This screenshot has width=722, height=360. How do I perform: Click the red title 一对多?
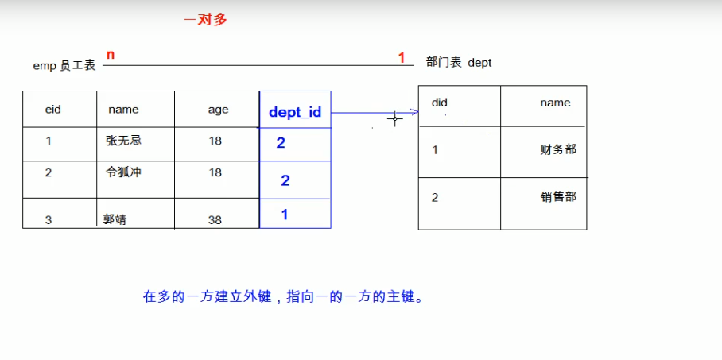205,20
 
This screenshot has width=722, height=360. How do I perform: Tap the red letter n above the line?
111,55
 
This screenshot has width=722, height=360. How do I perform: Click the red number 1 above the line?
402,57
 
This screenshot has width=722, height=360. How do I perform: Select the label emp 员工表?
64,66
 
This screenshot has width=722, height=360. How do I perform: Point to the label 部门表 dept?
459,62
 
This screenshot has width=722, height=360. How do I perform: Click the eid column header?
53,110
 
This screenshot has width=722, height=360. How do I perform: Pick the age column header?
218,110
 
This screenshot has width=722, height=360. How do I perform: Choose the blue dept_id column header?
295,113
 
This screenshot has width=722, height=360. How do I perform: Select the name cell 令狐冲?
123,172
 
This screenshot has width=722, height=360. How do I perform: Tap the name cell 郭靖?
115,219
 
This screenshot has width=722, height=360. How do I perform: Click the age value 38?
215,220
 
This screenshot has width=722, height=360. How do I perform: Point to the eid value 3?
49,220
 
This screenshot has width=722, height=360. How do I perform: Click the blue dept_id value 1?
285,215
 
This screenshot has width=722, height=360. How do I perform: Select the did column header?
439,103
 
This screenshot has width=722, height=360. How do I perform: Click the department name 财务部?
558,149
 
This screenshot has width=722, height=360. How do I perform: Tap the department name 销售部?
558,197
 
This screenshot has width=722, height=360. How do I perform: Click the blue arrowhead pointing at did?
414,112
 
